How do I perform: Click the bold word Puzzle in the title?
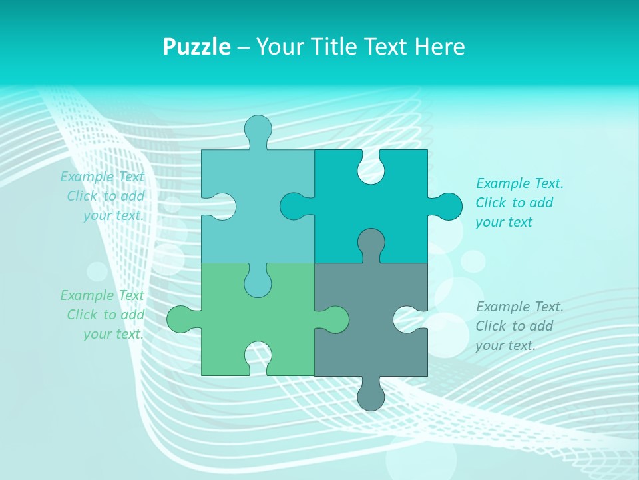click(x=197, y=47)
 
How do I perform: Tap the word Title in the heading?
click(x=329, y=47)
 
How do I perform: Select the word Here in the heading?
click(x=439, y=47)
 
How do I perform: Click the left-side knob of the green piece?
click(x=180, y=319)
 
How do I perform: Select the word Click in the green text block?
click(x=83, y=315)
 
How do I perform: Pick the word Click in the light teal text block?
click(x=83, y=196)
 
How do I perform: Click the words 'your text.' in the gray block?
click(x=505, y=345)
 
